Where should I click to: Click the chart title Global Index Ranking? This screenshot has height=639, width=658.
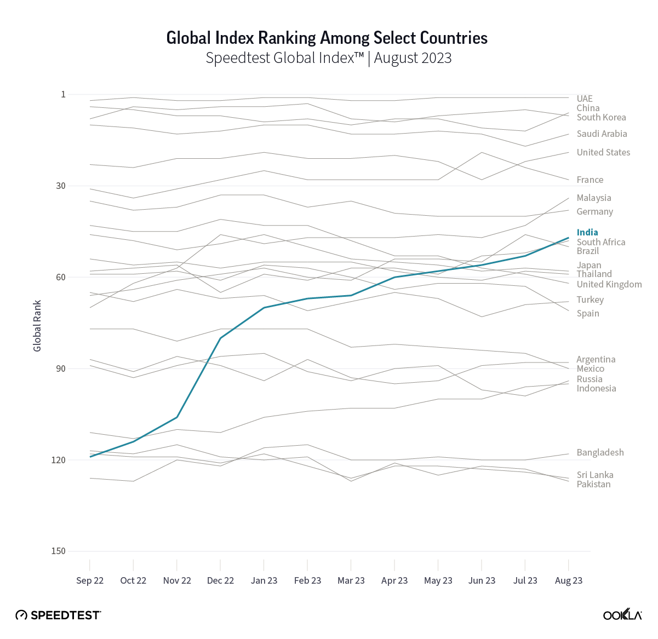[x=327, y=38]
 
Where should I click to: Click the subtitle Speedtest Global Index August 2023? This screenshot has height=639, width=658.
[x=329, y=58]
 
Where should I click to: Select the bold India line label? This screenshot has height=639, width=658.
[x=587, y=232]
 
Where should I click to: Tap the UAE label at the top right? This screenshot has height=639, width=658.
[x=585, y=99]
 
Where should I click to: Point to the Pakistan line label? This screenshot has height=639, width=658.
[x=593, y=484]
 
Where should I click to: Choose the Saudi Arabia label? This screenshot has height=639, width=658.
[x=602, y=134]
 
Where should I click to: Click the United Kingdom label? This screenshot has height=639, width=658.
[x=609, y=284]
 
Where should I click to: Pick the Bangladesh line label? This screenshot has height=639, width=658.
[x=600, y=452]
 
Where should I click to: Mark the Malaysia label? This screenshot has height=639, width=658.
[x=594, y=198]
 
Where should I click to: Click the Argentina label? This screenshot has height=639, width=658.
[x=596, y=359]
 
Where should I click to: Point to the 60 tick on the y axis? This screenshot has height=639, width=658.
[x=60, y=277]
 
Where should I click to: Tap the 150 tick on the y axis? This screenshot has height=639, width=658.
[x=58, y=551]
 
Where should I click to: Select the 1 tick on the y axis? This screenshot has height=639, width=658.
[x=63, y=94]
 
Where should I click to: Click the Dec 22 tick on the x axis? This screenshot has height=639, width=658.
[x=220, y=580]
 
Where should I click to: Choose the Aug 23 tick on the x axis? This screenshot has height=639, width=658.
[x=569, y=580]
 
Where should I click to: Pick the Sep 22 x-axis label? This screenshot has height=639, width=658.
[x=90, y=580]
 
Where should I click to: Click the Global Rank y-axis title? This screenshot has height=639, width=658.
[x=37, y=326]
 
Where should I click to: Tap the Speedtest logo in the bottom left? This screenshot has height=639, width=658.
[x=58, y=615]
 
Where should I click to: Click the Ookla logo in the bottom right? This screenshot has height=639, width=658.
[x=622, y=614]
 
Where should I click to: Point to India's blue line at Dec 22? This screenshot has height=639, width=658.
[x=220, y=338]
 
